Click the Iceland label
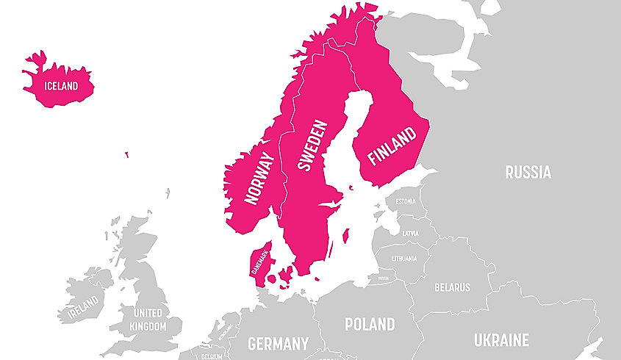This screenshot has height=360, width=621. [61, 86]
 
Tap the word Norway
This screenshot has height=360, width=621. [259, 179]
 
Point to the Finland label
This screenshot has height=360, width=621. [391, 145]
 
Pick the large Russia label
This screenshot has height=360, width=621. [528, 173]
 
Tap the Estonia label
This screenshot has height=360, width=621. [406, 201]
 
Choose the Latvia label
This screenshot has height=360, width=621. [410, 234]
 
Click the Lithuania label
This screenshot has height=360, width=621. [403, 259]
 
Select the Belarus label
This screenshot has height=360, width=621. [452, 287]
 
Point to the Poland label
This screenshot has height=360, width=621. [370, 324]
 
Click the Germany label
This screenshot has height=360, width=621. [278, 343]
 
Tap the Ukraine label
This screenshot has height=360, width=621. [501, 340]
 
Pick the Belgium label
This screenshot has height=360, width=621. [211, 356]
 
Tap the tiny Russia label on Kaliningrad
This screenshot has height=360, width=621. [382, 279]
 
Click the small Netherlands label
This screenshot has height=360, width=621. [225, 332]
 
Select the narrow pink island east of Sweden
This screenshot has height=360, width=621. [345, 236]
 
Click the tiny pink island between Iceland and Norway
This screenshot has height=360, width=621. [126, 155]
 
